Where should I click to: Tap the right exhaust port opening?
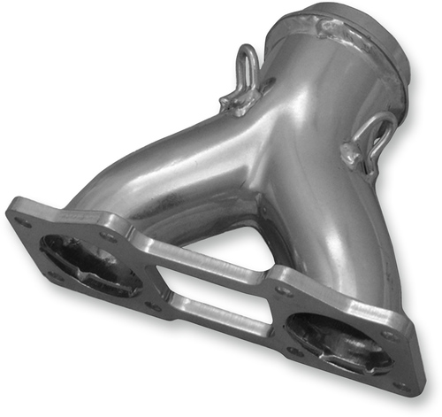point(336,341)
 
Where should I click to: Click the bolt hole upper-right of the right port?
point(386,334)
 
